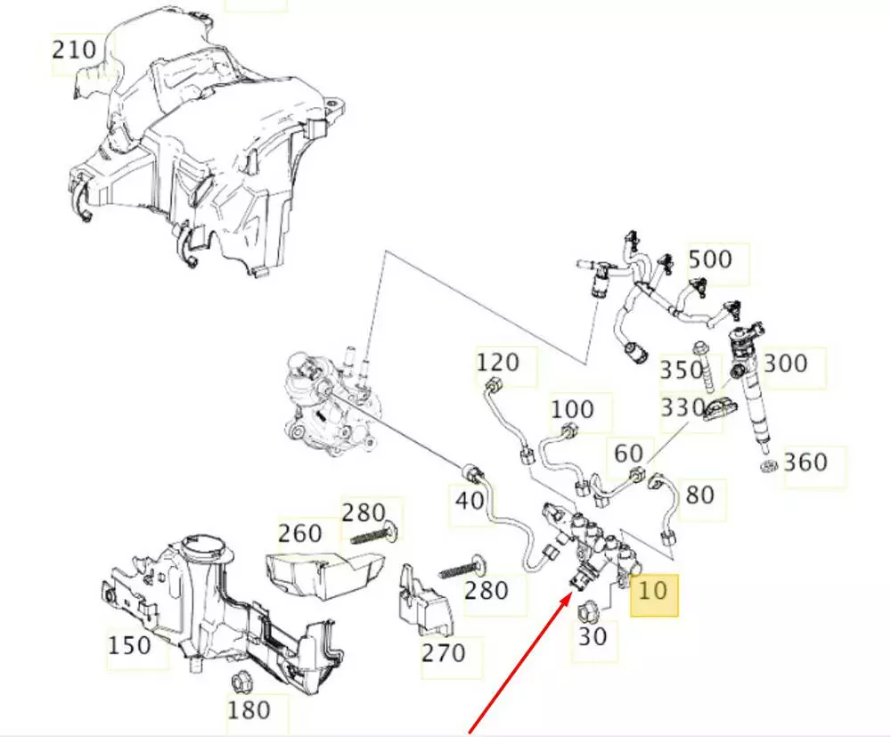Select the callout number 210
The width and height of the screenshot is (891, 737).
[x=74, y=49]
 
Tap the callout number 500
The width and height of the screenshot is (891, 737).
[x=710, y=259]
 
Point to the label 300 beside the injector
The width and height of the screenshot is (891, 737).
[x=786, y=363]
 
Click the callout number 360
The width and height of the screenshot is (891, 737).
[x=805, y=462]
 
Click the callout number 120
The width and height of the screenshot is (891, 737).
[x=498, y=363]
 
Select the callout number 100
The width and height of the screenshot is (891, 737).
[x=572, y=409]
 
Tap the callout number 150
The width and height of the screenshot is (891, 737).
[x=130, y=643]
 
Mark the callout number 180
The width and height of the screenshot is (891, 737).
[x=249, y=709]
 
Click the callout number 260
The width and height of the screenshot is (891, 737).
[x=299, y=534]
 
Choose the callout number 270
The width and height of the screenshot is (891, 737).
[x=444, y=653]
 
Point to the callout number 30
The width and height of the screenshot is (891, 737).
[x=593, y=637]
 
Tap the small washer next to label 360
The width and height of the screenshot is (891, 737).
[x=766, y=468]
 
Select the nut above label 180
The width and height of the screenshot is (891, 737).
[x=239, y=683]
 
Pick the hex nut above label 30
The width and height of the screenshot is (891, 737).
[x=588, y=611]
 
